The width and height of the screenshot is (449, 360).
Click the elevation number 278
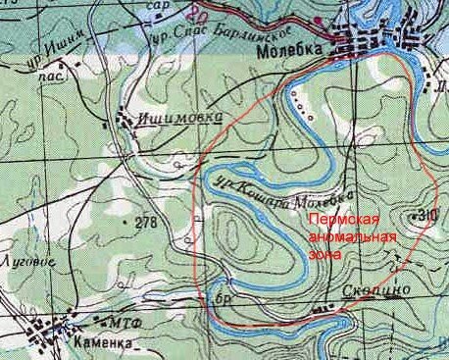coord(145,223)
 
